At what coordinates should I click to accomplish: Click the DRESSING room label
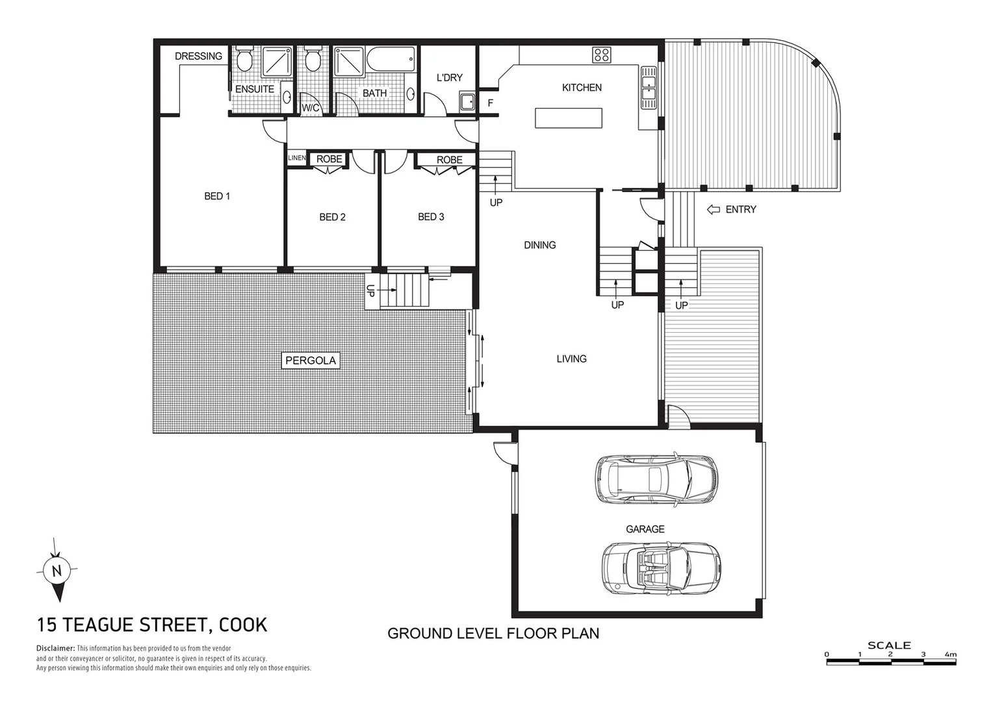(x=198, y=57)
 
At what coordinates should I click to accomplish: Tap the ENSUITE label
(x=254, y=89)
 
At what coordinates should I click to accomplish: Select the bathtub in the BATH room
(x=390, y=61)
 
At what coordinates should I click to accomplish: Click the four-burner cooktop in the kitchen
(x=601, y=55)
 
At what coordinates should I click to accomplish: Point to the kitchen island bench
(x=569, y=118)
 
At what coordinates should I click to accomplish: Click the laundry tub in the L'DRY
(x=467, y=101)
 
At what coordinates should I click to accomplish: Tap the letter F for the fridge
(x=491, y=103)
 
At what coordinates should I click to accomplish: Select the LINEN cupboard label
(x=296, y=158)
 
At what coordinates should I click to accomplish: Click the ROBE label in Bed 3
(x=449, y=160)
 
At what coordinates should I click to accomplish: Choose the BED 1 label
(x=217, y=196)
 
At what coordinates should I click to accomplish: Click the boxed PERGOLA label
(x=311, y=361)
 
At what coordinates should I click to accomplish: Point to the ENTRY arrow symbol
(x=713, y=209)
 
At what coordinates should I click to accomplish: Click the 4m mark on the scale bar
(x=950, y=655)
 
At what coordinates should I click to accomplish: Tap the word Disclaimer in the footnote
(x=55, y=649)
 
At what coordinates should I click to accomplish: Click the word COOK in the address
(x=243, y=625)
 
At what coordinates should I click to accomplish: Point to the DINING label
(x=539, y=245)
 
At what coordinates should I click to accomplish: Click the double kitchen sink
(x=648, y=88)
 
